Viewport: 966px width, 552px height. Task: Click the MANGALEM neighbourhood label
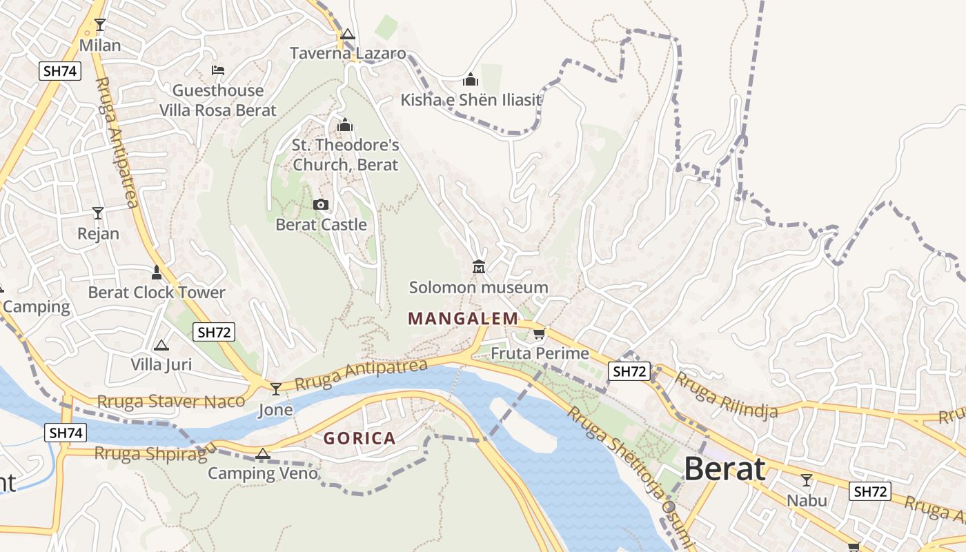pyautogui.click(x=462, y=318)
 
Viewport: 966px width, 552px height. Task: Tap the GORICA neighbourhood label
pyautogui.click(x=359, y=438)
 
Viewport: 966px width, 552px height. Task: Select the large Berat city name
pyautogui.click(x=724, y=469)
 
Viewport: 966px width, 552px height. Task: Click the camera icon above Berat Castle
pyautogui.click(x=321, y=204)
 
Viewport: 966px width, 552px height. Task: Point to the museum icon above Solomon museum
pyautogui.click(x=478, y=266)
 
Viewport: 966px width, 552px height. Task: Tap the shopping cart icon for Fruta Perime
pyautogui.click(x=539, y=334)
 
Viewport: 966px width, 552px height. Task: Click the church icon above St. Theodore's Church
pyautogui.click(x=344, y=125)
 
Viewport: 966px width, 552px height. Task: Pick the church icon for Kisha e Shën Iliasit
pyautogui.click(x=471, y=79)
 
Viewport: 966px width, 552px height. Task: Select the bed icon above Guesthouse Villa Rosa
pyautogui.click(x=218, y=70)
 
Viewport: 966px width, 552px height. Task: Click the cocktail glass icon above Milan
pyautogui.click(x=100, y=25)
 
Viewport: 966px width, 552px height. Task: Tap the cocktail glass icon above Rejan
pyautogui.click(x=98, y=213)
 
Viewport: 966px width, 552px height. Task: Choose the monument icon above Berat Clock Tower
pyautogui.click(x=157, y=273)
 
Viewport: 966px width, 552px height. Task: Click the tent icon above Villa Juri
pyautogui.click(x=161, y=345)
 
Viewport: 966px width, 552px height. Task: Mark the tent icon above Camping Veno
pyautogui.click(x=262, y=453)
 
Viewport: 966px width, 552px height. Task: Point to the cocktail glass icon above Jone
pyautogui.click(x=276, y=389)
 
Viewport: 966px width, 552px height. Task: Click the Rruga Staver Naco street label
pyautogui.click(x=170, y=402)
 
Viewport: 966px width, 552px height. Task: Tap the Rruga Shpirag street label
pyautogui.click(x=150, y=453)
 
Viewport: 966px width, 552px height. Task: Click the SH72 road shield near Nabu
pyautogui.click(x=869, y=491)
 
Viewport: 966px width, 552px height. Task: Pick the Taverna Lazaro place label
pyautogui.click(x=348, y=53)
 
